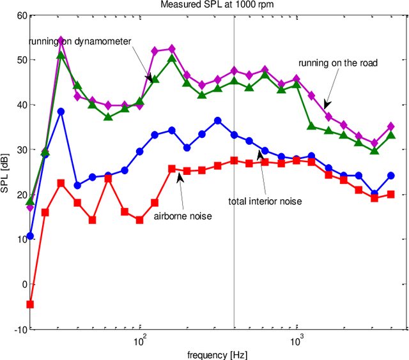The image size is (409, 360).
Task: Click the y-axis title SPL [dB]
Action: click(x=6, y=172)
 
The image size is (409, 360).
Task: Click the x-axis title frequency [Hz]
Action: click(x=217, y=354)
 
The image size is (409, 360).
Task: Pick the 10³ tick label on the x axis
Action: click(x=296, y=341)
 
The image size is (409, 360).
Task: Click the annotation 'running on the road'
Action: click(x=338, y=63)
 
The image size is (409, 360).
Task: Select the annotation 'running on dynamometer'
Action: click(x=80, y=41)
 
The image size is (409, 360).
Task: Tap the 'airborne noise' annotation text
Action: click(x=182, y=216)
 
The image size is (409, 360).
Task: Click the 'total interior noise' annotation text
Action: click(x=265, y=201)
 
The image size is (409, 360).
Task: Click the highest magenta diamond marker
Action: click(x=61, y=40)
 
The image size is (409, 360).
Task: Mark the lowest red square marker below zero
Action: click(x=29, y=304)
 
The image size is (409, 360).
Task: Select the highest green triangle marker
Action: click(x=61, y=56)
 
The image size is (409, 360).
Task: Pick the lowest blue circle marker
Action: click(x=29, y=236)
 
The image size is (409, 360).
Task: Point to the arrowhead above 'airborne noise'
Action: click(x=180, y=178)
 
